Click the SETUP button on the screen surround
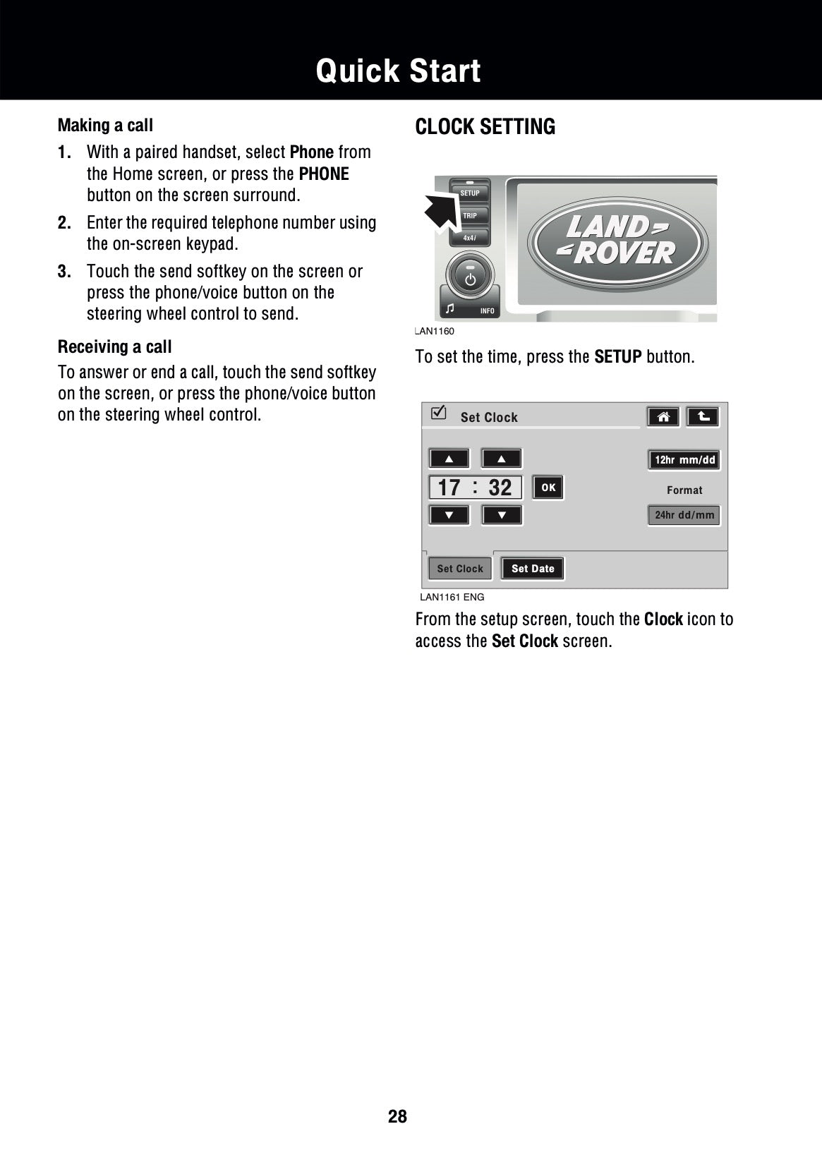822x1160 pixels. point(469,193)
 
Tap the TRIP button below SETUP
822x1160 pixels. point(469,215)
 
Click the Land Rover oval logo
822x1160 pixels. point(617,241)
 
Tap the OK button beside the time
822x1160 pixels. point(548,488)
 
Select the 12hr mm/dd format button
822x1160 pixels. point(684,460)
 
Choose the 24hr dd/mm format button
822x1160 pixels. point(684,515)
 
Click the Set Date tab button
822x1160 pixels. point(533,569)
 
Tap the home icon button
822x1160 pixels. point(663,417)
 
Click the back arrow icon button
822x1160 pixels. point(703,417)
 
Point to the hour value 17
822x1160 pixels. point(449,488)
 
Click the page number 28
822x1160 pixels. point(397,1116)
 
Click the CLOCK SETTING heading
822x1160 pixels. point(485,127)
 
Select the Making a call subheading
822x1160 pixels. point(105,126)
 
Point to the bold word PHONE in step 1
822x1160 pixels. point(324,174)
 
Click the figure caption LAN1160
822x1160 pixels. point(435,332)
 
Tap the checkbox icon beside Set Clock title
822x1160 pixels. point(439,413)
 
